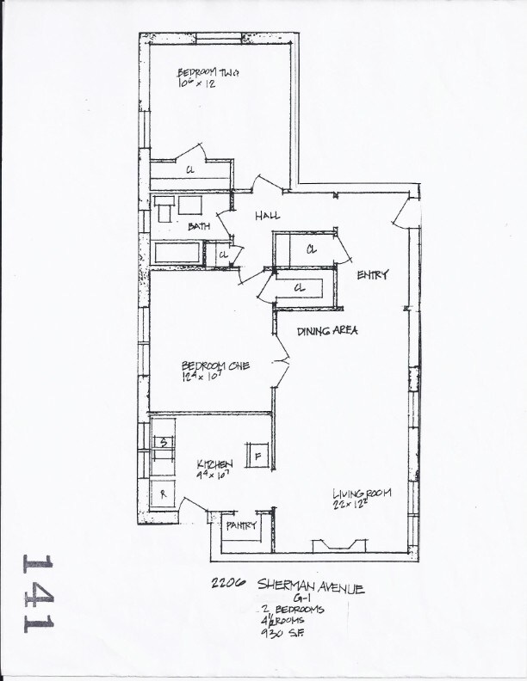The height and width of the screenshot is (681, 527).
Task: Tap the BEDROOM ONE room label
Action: pyautogui.click(x=214, y=365)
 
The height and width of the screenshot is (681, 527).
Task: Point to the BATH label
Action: pyautogui.click(x=199, y=227)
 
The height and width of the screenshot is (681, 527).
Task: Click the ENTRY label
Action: pyautogui.click(x=372, y=275)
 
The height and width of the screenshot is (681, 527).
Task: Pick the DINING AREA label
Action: pyautogui.click(x=326, y=331)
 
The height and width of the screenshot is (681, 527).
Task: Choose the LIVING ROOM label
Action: pyautogui.click(x=363, y=494)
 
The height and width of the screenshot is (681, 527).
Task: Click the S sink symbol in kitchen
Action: pyautogui.click(x=163, y=442)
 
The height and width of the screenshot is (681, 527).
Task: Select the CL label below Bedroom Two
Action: pyautogui.click(x=189, y=170)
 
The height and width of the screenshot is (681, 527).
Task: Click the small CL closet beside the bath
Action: pyautogui.click(x=222, y=255)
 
